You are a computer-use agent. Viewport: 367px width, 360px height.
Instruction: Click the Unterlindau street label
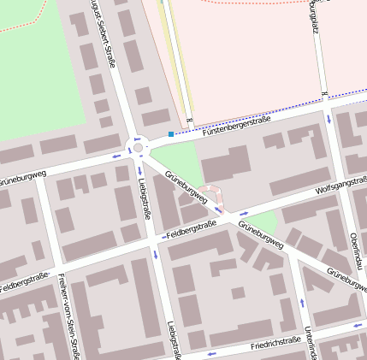tap(311, 341)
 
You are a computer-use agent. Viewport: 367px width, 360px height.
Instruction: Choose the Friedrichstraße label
tap(275, 344)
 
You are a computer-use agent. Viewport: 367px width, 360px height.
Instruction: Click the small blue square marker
tap(171, 133)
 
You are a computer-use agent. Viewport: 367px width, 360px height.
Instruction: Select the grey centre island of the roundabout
tap(138, 148)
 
